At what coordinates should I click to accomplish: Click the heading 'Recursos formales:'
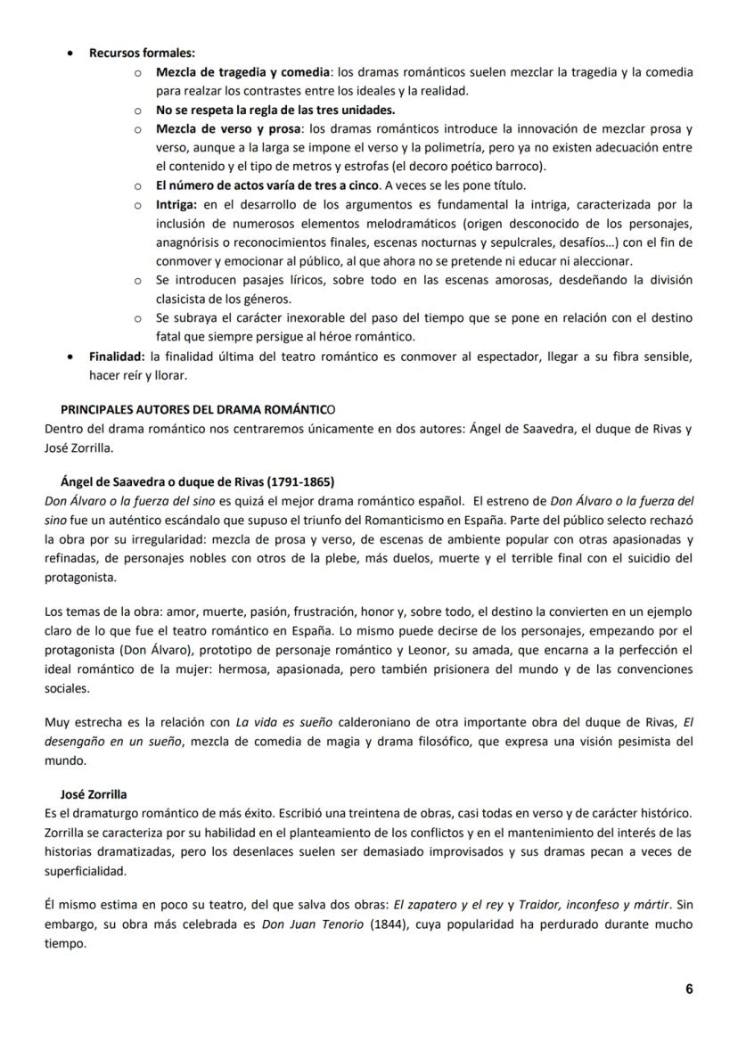(142, 53)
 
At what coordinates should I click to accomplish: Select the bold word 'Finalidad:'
(118, 357)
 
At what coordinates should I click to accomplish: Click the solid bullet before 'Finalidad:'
(70, 357)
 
